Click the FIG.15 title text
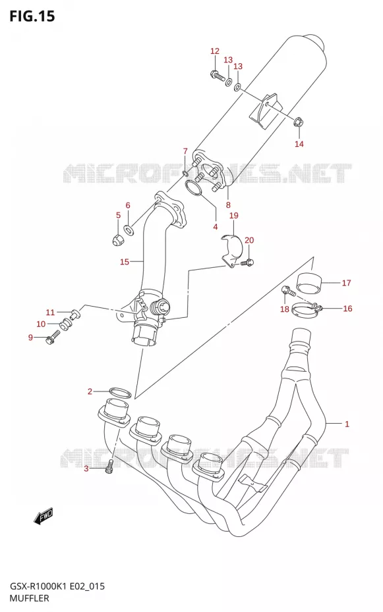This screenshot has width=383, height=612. pos(32,16)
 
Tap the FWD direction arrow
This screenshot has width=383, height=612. pos(43,516)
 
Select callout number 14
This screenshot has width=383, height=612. pos(299,143)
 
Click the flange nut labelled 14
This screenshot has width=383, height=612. pos(299,122)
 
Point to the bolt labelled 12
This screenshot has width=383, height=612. pos(218,74)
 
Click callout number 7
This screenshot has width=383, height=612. pos(185,151)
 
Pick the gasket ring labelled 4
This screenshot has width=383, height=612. pos(193,188)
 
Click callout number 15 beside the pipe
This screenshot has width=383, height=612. pos(125,261)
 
